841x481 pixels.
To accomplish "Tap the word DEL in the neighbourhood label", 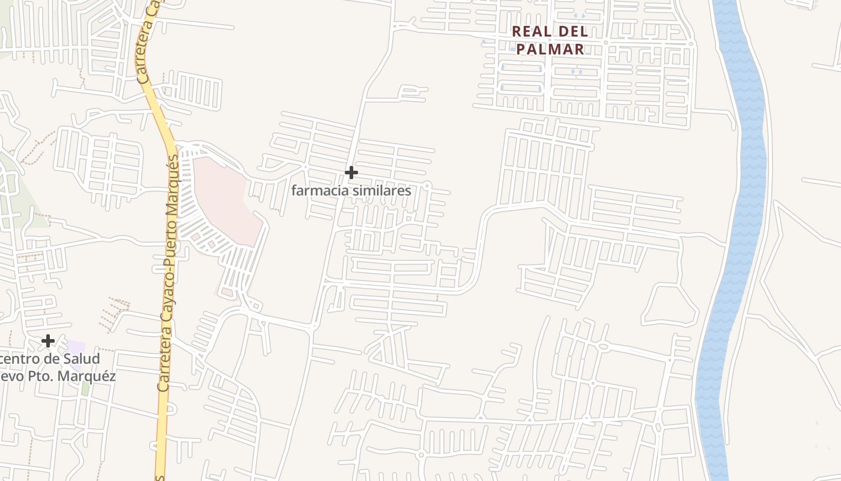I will [572, 32].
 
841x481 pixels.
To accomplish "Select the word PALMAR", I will [550, 49].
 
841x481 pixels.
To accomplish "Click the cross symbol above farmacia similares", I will [351, 173].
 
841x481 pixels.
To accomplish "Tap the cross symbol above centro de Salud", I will [48, 342].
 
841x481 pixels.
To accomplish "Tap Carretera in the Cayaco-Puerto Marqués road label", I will [163, 361].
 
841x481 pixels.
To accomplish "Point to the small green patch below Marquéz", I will [85, 388].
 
